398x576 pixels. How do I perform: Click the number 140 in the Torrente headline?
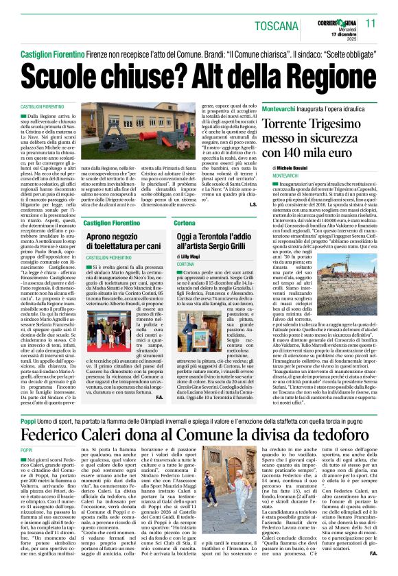click(x=320, y=153)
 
